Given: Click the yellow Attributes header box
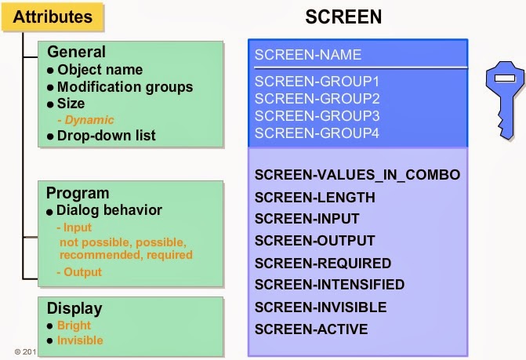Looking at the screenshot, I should pyautogui.click(x=53, y=16).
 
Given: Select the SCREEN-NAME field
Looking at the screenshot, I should pyautogui.click(x=308, y=55).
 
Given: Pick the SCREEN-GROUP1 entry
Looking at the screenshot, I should pyautogui.click(x=317, y=82).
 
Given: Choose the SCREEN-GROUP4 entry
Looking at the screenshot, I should pyautogui.click(x=317, y=133).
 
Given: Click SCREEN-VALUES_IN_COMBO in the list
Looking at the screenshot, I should pyautogui.click(x=357, y=175).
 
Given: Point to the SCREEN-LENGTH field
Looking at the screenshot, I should pyautogui.click(x=314, y=197).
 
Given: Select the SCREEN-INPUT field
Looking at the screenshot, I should pyautogui.click(x=307, y=219).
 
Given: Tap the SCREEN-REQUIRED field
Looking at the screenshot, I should pyautogui.click(x=322, y=263).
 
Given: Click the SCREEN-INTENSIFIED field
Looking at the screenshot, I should pyautogui.click(x=329, y=285).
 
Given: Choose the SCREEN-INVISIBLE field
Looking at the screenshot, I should pyautogui.click(x=321, y=307).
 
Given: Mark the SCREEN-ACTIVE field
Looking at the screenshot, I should pyautogui.click(x=310, y=329).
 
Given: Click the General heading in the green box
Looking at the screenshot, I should pyautogui.click(x=76, y=53).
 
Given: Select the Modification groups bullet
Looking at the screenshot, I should pyautogui.click(x=125, y=86).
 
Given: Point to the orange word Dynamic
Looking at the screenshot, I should pyautogui.click(x=89, y=120).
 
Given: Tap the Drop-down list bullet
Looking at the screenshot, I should pyautogui.click(x=106, y=136).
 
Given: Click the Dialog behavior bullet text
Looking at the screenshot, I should pyautogui.click(x=109, y=210).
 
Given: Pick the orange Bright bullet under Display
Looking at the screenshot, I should pyautogui.click(x=74, y=325).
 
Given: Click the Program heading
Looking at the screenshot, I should pyautogui.click(x=78, y=193).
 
